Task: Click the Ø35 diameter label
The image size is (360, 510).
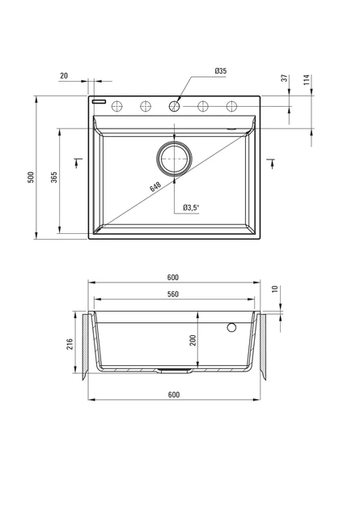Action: pyautogui.click(x=221, y=71)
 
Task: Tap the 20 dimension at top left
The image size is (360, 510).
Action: pyautogui.click(x=64, y=76)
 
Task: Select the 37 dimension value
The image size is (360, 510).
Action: pyautogui.click(x=285, y=78)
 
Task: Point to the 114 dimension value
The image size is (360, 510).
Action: pyautogui.click(x=307, y=79)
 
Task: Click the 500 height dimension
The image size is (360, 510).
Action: pyautogui.click(x=31, y=177)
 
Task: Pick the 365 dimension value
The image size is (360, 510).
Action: pyautogui.click(x=54, y=177)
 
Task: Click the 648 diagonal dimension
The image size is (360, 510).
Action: pyautogui.click(x=155, y=187)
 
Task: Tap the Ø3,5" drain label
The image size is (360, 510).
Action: pyautogui.click(x=191, y=207)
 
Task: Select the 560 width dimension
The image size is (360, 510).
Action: pyautogui.click(x=173, y=294)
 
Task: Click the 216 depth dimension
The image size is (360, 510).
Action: pyautogui.click(x=70, y=344)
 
